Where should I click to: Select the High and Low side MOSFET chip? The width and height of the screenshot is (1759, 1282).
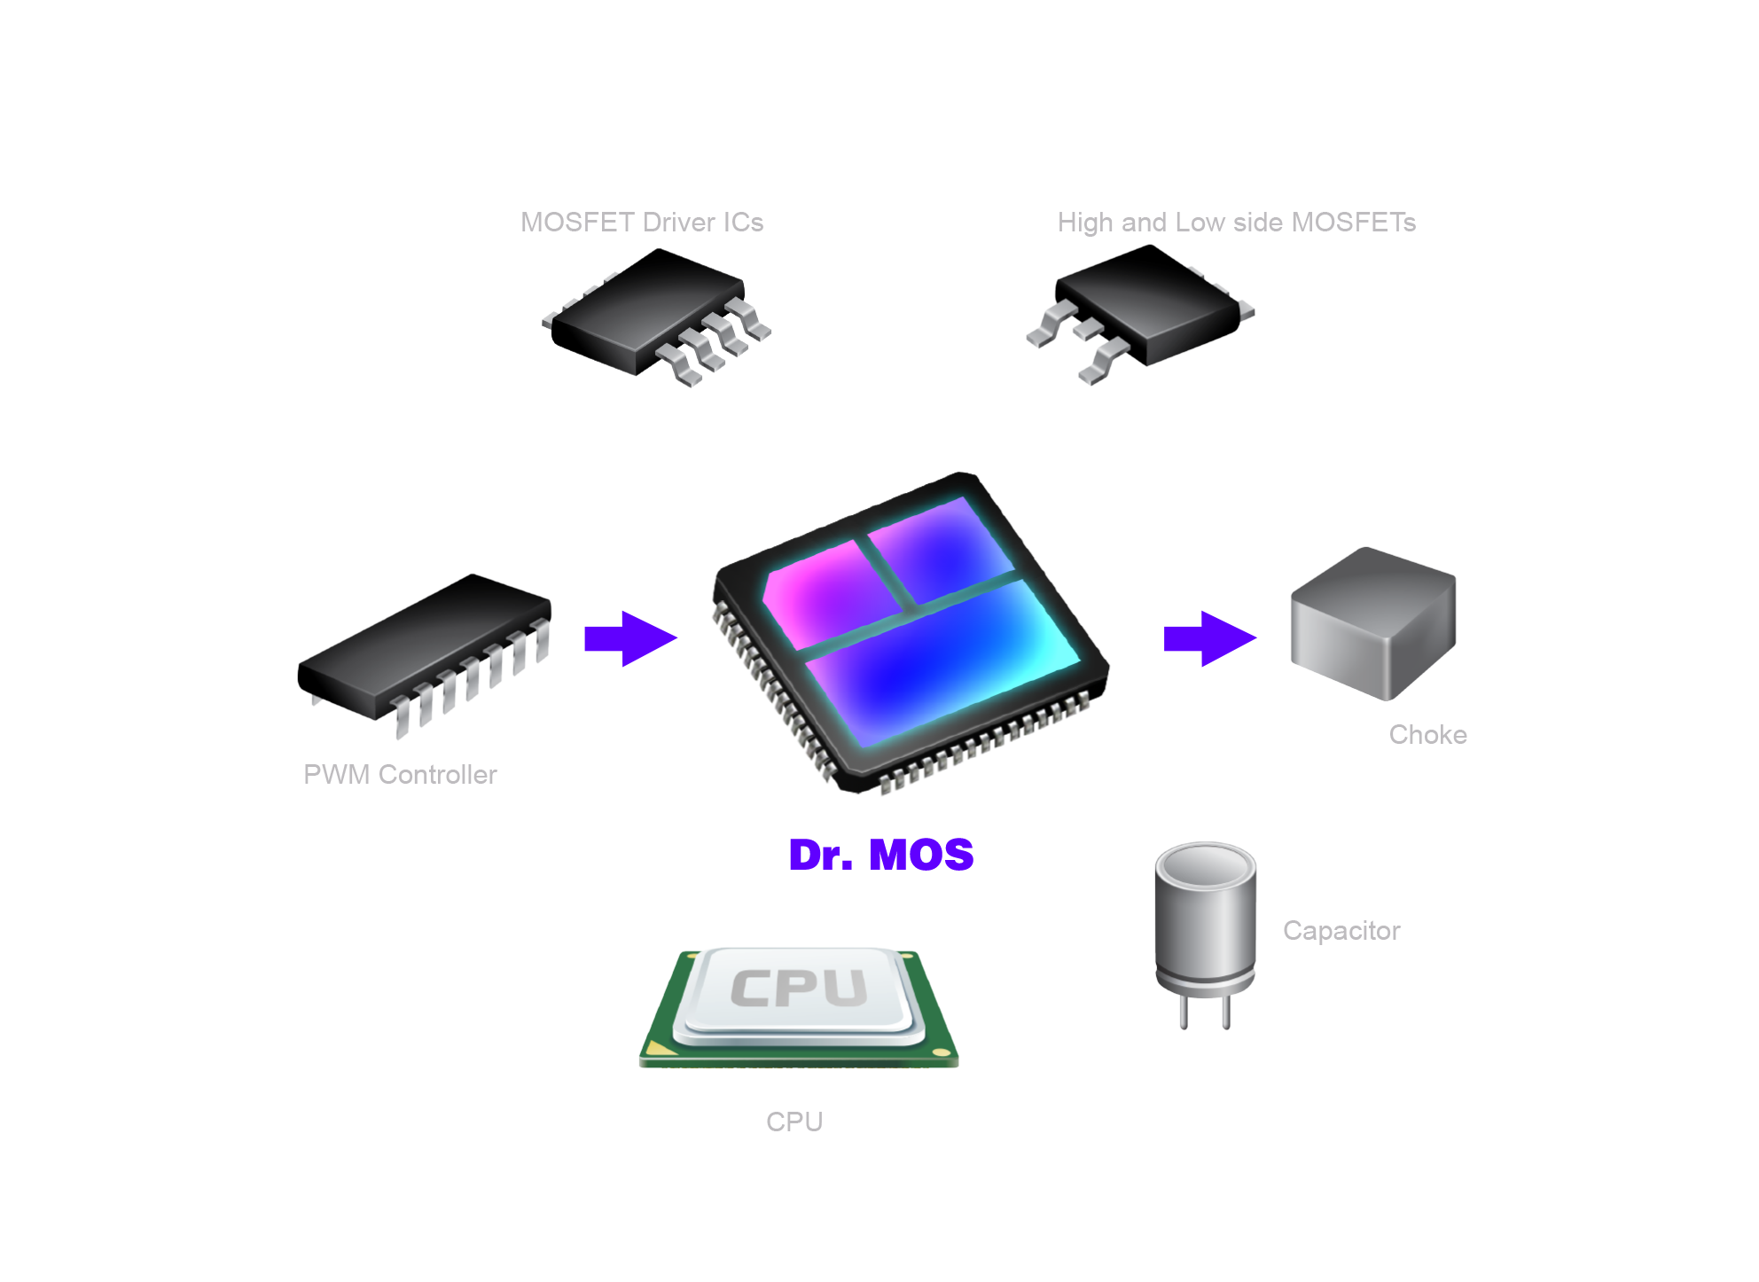1148,306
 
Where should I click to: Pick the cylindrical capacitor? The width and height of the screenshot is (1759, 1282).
1204,922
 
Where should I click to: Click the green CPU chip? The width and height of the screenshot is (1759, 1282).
798,1006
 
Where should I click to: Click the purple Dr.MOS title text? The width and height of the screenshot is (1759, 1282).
881,855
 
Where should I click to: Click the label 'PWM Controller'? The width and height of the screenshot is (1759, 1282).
400,774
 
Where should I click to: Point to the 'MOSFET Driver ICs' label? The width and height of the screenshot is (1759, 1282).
643,222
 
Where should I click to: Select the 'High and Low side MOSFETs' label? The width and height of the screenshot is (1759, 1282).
1236,222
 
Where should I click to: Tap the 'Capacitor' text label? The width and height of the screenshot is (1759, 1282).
1341,930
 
